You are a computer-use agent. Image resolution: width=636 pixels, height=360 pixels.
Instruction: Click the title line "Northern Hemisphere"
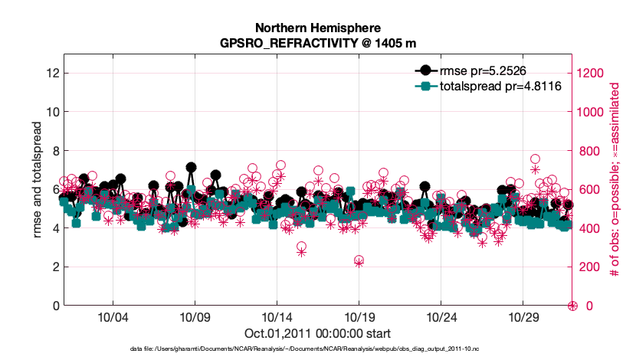tap(318, 27)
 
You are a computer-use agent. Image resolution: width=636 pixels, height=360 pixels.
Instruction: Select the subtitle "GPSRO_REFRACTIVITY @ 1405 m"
tap(318, 42)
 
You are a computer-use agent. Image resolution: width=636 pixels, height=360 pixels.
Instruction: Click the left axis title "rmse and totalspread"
tap(38, 180)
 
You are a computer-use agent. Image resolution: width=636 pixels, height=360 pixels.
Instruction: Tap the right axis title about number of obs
tap(615, 180)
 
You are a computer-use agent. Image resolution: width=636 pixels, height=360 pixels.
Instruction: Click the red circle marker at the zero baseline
tap(572, 306)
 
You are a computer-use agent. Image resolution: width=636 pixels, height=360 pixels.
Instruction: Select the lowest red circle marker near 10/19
tap(359, 261)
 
